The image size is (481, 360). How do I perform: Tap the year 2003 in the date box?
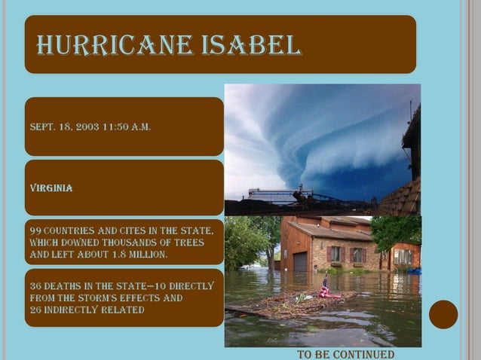pos(89,127)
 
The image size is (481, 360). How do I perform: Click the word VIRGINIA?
pos(51,188)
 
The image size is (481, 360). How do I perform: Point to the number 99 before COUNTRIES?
pos(35,230)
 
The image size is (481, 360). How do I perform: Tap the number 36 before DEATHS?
pos(35,285)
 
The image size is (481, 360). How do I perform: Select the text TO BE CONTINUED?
pos(345,354)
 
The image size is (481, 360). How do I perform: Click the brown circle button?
pos(443,315)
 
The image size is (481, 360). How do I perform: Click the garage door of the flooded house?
pos(300,261)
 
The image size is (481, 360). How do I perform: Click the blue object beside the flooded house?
pos(414,270)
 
